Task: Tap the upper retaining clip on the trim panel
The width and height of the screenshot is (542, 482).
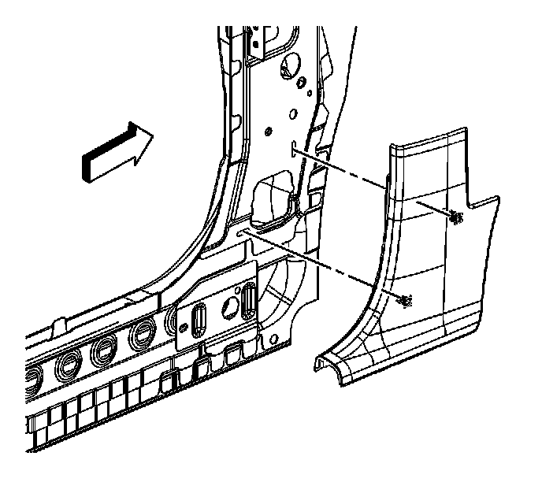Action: tap(456, 217)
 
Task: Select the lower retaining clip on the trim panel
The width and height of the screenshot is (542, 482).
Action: tap(405, 300)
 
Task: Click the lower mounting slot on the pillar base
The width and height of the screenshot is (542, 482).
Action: tap(243, 232)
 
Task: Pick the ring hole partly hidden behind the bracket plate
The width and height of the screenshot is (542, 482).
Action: tap(175, 319)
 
